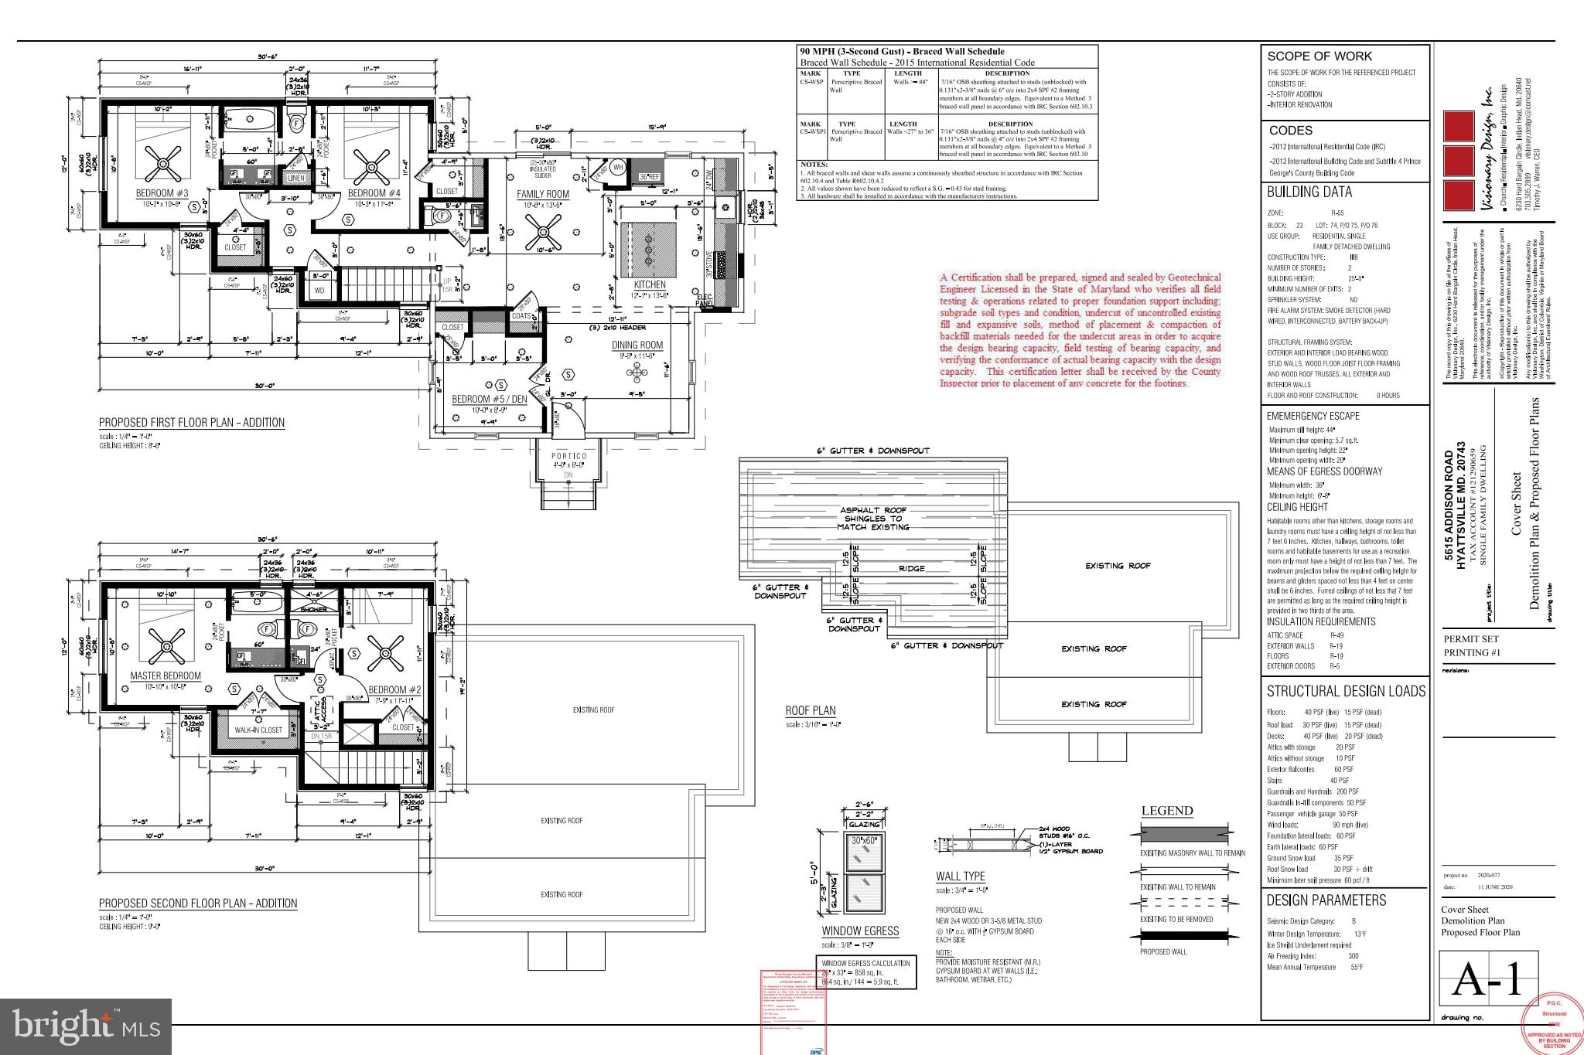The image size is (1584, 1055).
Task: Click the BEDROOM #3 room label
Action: pyautogui.click(x=162, y=193)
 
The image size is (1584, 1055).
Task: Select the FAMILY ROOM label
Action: pyautogui.click(x=543, y=195)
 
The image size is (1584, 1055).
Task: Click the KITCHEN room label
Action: pyautogui.click(x=650, y=284)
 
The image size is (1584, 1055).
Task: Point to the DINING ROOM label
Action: pyautogui.click(x=637, y=345)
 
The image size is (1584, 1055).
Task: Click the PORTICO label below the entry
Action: pyautogui.click(x=569, y=457)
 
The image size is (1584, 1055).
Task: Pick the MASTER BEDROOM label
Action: pyautogui.click(x=166, y=676)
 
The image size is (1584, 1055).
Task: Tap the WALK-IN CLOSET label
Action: pyautogui.click(x=258, y=730)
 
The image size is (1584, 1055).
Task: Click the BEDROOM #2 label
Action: pyautogui.click(x=394, y=689)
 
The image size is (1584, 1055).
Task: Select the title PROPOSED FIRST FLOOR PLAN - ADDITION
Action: pyautogui.click(x=192, y=423)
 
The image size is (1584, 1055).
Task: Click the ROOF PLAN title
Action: pyautogui.click(x=811, y=711)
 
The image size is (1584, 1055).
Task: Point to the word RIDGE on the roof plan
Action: pyautogui.click(x=912, y=568)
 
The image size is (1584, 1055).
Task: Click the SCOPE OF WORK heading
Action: pyautogui.click(x=1319, y=56)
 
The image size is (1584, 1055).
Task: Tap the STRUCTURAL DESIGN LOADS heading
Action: pyautogui.click(x=1346, y=691)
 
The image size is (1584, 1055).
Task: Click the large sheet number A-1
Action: pyautogui.click(x=1487, y=980)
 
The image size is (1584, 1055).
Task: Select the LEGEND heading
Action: pyautogui.click(x=1167, y=811)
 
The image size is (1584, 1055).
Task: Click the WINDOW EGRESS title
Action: pyautogui.click(x=860, y=931)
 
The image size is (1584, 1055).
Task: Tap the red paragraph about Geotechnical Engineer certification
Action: pyautogui.click(x=1080, y=330)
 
